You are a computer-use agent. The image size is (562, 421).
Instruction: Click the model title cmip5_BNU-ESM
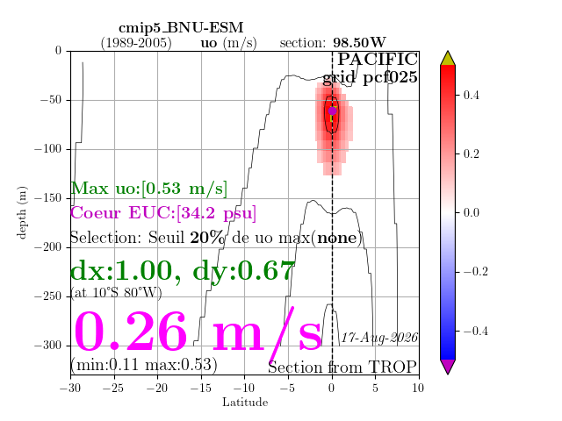181,28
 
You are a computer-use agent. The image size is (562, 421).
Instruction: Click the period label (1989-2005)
136,43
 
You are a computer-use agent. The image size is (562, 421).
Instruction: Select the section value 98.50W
359,43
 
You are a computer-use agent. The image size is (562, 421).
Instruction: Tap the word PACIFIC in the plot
378,59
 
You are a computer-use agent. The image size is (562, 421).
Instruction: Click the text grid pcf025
370,78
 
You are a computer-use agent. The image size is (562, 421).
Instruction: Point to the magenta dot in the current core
332,111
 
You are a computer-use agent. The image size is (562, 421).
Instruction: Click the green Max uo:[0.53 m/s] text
149,189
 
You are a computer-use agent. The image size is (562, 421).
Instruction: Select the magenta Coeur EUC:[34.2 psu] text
163,213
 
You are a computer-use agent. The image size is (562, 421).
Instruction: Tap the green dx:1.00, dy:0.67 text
183,272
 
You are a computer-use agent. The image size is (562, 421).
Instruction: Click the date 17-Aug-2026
379,338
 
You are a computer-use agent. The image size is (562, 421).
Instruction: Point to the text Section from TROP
342,367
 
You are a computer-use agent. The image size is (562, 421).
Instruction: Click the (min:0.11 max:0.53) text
144,365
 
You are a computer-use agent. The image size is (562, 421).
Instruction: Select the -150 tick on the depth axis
48,198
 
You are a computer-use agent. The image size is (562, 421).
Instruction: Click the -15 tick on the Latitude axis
201,388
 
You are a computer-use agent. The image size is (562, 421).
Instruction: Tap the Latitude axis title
245,403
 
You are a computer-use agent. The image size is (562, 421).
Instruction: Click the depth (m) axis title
22,212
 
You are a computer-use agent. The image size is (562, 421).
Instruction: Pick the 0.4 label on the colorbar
471,96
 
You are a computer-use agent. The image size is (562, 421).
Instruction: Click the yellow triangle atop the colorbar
448,59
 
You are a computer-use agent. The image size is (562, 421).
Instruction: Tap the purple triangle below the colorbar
448,367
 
